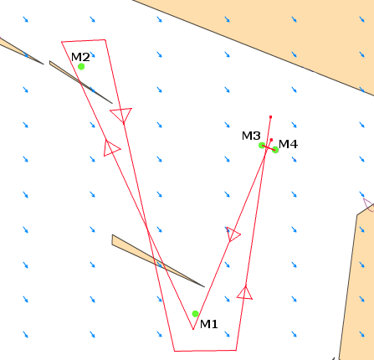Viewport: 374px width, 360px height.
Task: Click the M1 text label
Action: coord(209,324)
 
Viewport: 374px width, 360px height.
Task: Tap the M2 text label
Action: coord(80,57)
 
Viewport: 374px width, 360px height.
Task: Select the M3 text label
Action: coord(251,136)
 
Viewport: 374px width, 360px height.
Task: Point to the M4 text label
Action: coord(288,144)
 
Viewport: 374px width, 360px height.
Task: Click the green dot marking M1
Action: coord(196,314)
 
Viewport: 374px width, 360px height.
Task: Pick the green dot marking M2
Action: coord(81,66)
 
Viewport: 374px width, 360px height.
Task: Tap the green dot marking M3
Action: coord(262,146)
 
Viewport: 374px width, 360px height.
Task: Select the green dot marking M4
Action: coord(275,150)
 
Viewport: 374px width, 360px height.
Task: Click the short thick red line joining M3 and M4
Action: coord(269,148)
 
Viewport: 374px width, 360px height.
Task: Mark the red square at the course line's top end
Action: coord(270,117)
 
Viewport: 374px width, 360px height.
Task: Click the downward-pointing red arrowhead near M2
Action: coord(121,114)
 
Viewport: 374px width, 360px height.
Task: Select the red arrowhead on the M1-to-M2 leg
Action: coord(110,148)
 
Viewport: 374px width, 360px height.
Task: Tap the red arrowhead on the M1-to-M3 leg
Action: coord(233,234)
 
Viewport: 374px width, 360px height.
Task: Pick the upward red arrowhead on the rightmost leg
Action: coord(245,293)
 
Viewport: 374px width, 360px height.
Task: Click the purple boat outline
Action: coord(369,205)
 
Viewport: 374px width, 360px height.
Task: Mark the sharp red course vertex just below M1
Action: coord(193,329)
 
